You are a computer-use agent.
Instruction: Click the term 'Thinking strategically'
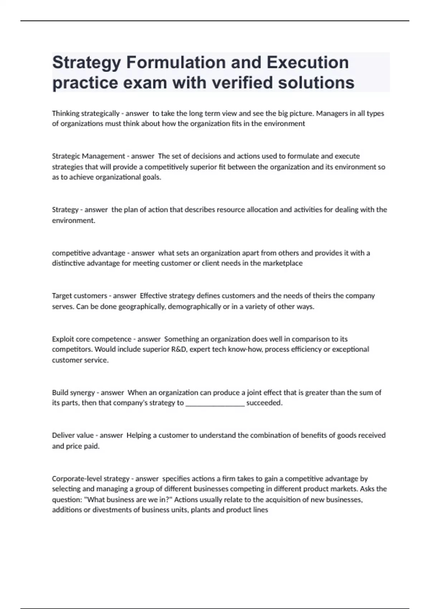pyautogui.click(x=86, y=114)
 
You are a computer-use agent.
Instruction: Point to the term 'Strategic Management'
pyautogui.click(x=89, y=156)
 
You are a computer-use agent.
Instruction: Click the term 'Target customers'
pyautogui.click(x=80, y=296)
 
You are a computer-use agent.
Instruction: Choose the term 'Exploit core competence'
pyautogui.click(x=92, y=339)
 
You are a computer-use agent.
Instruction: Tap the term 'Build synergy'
pyautogui.click(x=73, y=393)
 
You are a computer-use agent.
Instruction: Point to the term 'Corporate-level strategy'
pyautogui.click(x=91, y=479)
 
